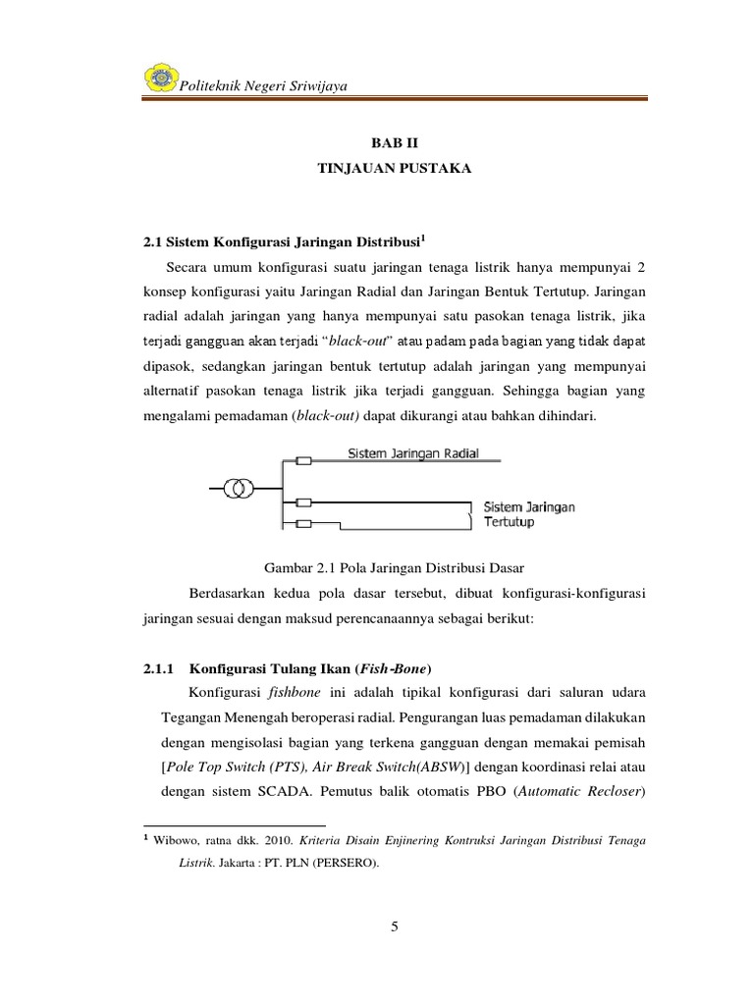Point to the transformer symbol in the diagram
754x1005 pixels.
pyautogui.click(x=242, y=488)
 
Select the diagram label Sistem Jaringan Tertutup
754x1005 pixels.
pyautogui.click(x=528, y=514)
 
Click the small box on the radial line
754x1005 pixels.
pyautogui.click(x=305, y=460)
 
